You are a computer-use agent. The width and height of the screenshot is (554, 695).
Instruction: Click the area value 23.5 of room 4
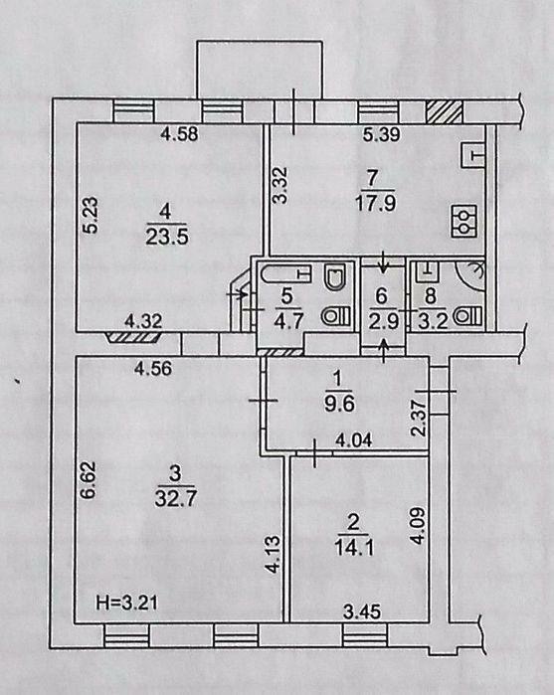(167, 237)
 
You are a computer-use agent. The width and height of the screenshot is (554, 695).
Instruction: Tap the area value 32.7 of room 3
(176, 499)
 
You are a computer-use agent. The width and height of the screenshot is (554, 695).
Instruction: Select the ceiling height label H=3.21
(126, 604)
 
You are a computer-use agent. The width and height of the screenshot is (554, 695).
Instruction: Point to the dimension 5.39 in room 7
(382, 134)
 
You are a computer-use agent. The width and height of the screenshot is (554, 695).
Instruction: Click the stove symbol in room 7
(463, 221)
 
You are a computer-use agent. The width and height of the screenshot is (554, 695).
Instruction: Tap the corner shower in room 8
(470, 274)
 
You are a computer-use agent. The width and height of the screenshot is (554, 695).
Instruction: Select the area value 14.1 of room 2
(353, 548)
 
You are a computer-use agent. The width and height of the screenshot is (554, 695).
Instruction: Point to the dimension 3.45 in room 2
(362, 612)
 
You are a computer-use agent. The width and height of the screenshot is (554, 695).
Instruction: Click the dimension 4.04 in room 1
(353, 440)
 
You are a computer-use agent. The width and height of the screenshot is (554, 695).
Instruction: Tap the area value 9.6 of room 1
(339, 405)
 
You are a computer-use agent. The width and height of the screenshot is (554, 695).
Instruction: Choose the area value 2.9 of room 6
(383, 321)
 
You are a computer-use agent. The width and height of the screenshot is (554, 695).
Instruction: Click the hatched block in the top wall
(445, 111)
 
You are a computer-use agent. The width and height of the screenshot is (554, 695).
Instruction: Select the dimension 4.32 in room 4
(143, 321)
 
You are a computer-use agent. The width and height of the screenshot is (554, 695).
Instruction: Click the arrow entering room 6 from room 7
(383, 261)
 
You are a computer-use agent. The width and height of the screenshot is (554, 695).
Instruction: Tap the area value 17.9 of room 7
(375, 205)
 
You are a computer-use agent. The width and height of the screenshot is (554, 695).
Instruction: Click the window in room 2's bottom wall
(365, 635)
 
